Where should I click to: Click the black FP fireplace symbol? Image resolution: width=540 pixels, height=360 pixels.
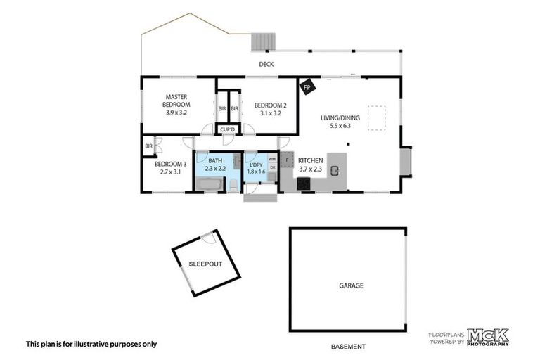pyautogui.click(x=307, y=88)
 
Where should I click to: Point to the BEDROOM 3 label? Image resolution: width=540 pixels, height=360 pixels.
pyautogui.click(x=170, y=167)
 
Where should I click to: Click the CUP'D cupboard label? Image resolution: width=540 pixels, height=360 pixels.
pyautogui.click(x=227, y=129)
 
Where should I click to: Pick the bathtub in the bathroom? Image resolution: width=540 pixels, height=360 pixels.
pyautogui.click(x=209, y=185)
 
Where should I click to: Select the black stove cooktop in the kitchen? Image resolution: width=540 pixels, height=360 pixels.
pyautogui.click(x=304, y=184)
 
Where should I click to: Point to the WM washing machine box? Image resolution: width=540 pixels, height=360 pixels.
pyautogui.click(x=271, y=160)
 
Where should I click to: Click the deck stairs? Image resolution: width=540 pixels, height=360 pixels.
pyautogui.click(x=264, y=41)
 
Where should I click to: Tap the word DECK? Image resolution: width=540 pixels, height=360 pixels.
pyautogui.click(x=265, y=65)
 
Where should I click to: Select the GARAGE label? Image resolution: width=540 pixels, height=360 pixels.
pyautogui.click(x=351, y=285)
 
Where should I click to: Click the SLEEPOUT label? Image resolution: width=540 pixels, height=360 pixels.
pyautogui.click(x=204, y=264)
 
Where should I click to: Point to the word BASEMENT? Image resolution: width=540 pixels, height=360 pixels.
pyautogui.click(x=349, y=346)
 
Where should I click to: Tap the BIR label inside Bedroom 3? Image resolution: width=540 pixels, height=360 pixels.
pyautogui.click(x=149, y=146)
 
